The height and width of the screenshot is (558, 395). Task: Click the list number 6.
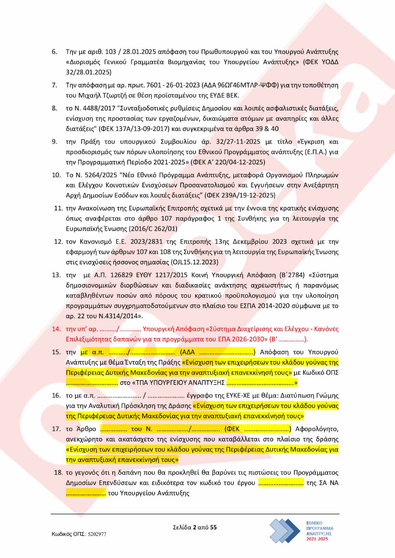[54, 52]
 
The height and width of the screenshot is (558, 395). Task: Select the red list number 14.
[56, 329]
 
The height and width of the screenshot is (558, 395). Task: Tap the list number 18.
[58, 473]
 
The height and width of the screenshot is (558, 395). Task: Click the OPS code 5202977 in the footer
[97, 534]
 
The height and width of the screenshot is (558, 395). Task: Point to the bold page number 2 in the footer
[195, 527]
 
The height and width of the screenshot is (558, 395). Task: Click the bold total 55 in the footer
[213, 527]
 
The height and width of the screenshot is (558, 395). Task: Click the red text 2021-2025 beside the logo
[317, 539]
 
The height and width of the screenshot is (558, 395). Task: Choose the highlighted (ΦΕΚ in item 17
[232, 429]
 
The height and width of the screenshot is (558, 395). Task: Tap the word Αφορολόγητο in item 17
[317, 429]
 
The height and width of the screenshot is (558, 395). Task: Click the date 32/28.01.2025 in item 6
[89, 72]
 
